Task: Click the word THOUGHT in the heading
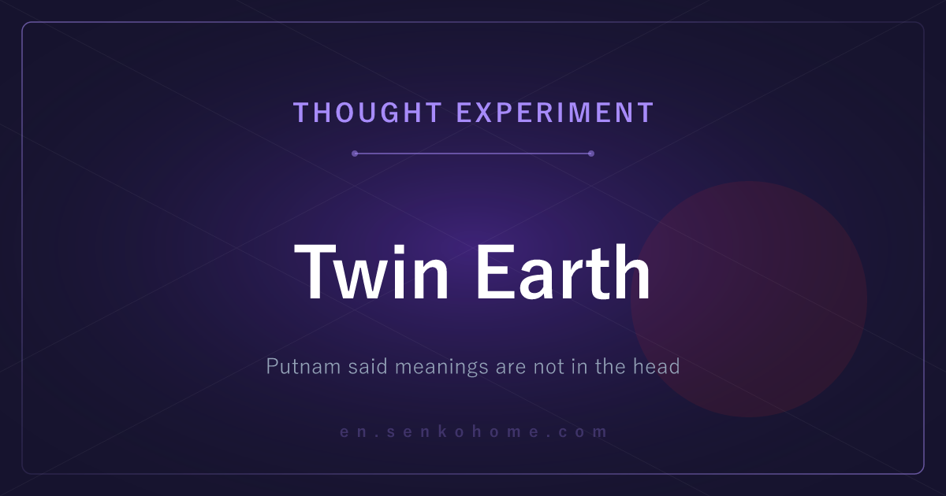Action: pyautogui.click(x=367, y=113)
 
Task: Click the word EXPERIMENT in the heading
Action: pyautogui.click(x=555, y=113)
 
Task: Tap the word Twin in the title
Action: pyautogui.click(x=371, y=272)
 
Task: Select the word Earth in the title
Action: pyautogui.click(x=564, y=272)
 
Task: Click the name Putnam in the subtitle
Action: pyautogui.click(x=304, y=366)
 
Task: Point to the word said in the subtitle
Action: pyautogui.click(x=367, y=366)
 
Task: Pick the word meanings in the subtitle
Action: pyautogui.click(x=441, y=367)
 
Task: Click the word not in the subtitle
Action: pyautogui.click(x=549, y=366)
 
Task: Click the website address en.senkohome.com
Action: pyautogui.click(x=474, y=432)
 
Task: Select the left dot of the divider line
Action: pyautogui.click(x=355, y=154)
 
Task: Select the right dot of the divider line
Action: pyautogui.click(x=591, y=154)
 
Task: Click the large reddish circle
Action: pyautogui.click(x=749, y=299)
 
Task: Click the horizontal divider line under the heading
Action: pyautogui.click(x=473, y=154)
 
